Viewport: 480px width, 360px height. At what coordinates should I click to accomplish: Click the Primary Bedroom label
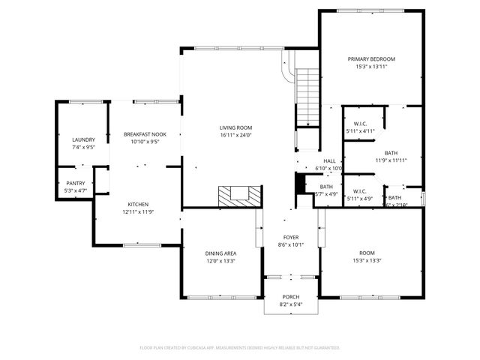[370, 59]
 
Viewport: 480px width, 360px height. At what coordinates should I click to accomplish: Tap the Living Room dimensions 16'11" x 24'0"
[235, 135]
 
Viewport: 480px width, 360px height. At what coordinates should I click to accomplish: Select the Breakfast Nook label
[145, 134]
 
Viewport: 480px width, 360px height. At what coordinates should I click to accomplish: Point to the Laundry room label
[83, 140]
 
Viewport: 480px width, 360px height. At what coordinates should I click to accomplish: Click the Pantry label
[76, 183]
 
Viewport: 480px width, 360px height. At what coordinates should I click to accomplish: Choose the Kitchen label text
[138, 205]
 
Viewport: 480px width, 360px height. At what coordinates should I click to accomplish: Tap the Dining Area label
[221, 253]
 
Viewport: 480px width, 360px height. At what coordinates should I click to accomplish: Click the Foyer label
[291, 237]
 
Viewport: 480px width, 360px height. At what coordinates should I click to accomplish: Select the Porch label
[290, 298]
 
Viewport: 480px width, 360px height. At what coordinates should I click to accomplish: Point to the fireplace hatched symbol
[240, 196]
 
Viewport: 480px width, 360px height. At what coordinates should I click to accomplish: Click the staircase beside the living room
[308, 97]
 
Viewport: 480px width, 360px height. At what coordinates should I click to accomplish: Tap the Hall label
[329, 161]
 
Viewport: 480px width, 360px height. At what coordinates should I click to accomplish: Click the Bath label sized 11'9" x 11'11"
[391, 153]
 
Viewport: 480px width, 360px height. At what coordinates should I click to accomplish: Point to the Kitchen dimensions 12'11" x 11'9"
[138, 211]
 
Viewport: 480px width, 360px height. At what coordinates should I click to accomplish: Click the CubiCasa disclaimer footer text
[240, 347]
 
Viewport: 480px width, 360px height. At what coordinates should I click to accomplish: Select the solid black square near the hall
[301, 184]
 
